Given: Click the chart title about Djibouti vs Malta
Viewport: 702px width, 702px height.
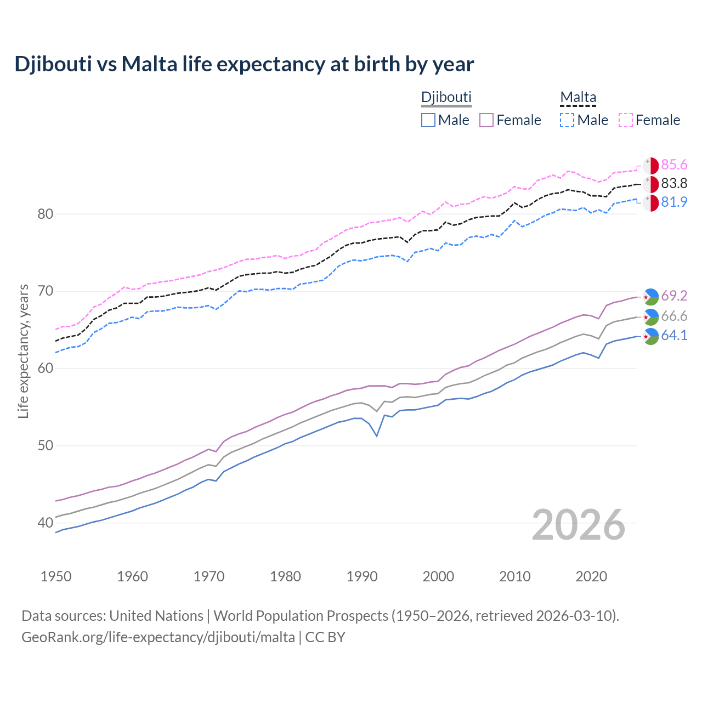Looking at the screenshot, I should coord(244,64).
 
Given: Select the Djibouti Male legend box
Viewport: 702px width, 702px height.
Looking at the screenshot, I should coord(428,120).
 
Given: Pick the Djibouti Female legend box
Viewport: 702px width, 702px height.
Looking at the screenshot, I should coord(486,120).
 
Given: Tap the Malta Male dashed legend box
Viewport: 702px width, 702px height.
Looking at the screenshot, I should coord(567,120).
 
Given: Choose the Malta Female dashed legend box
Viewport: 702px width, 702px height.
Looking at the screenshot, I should coord(626,120).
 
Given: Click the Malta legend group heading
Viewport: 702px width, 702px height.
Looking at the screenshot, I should coord(578,97).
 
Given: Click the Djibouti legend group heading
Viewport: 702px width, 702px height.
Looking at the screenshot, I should coord(446,97).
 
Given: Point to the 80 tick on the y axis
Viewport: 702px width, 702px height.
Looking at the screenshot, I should coord(45,214).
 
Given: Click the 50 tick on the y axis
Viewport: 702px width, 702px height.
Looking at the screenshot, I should coord(45,445).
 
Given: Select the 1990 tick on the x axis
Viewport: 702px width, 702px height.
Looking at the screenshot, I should coord(362,576).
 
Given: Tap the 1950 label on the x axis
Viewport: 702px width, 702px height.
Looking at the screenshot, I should coord(56,576).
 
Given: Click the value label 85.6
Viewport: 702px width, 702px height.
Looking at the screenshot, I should coord(674,165).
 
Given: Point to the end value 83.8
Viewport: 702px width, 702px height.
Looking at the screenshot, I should coord(674,183).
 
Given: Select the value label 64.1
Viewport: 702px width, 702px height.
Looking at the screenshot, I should coord(674,336).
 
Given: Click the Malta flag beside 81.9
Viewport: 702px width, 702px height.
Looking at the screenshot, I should coord(650,202).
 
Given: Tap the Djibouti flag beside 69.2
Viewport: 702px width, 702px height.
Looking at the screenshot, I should coord(650,296).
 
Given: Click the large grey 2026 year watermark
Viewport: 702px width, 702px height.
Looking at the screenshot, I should coord(578,525).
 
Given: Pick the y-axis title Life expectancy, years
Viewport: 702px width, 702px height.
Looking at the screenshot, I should coord(24,351).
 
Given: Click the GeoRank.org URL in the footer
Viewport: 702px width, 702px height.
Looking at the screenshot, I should coord(158,637).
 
